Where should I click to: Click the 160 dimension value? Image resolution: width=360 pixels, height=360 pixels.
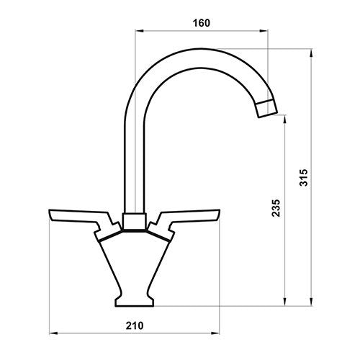pyautogui.click(x=201, y=23)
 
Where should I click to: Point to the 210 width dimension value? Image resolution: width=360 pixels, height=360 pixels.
pyautogui.click(x=134, y=325)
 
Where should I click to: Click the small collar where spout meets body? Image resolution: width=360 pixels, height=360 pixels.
pyautogui.click(x=133, y=221)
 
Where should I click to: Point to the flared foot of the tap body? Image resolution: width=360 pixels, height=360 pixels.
pyautogui.click(x=134, y=297)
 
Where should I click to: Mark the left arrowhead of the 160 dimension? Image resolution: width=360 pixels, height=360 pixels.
pyautogui.click(x=138, y=31)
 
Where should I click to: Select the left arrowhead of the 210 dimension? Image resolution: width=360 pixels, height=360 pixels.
pyautogui.click(x=50, y=333)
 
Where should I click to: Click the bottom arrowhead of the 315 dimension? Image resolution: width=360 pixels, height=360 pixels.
pyautogui.click(x=310, y=303)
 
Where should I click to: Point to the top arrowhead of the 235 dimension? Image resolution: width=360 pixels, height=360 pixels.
pyautogui.click(x=287, y=117)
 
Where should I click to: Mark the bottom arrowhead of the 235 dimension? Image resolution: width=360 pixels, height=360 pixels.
pyautogui.click(x=287, y=303)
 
